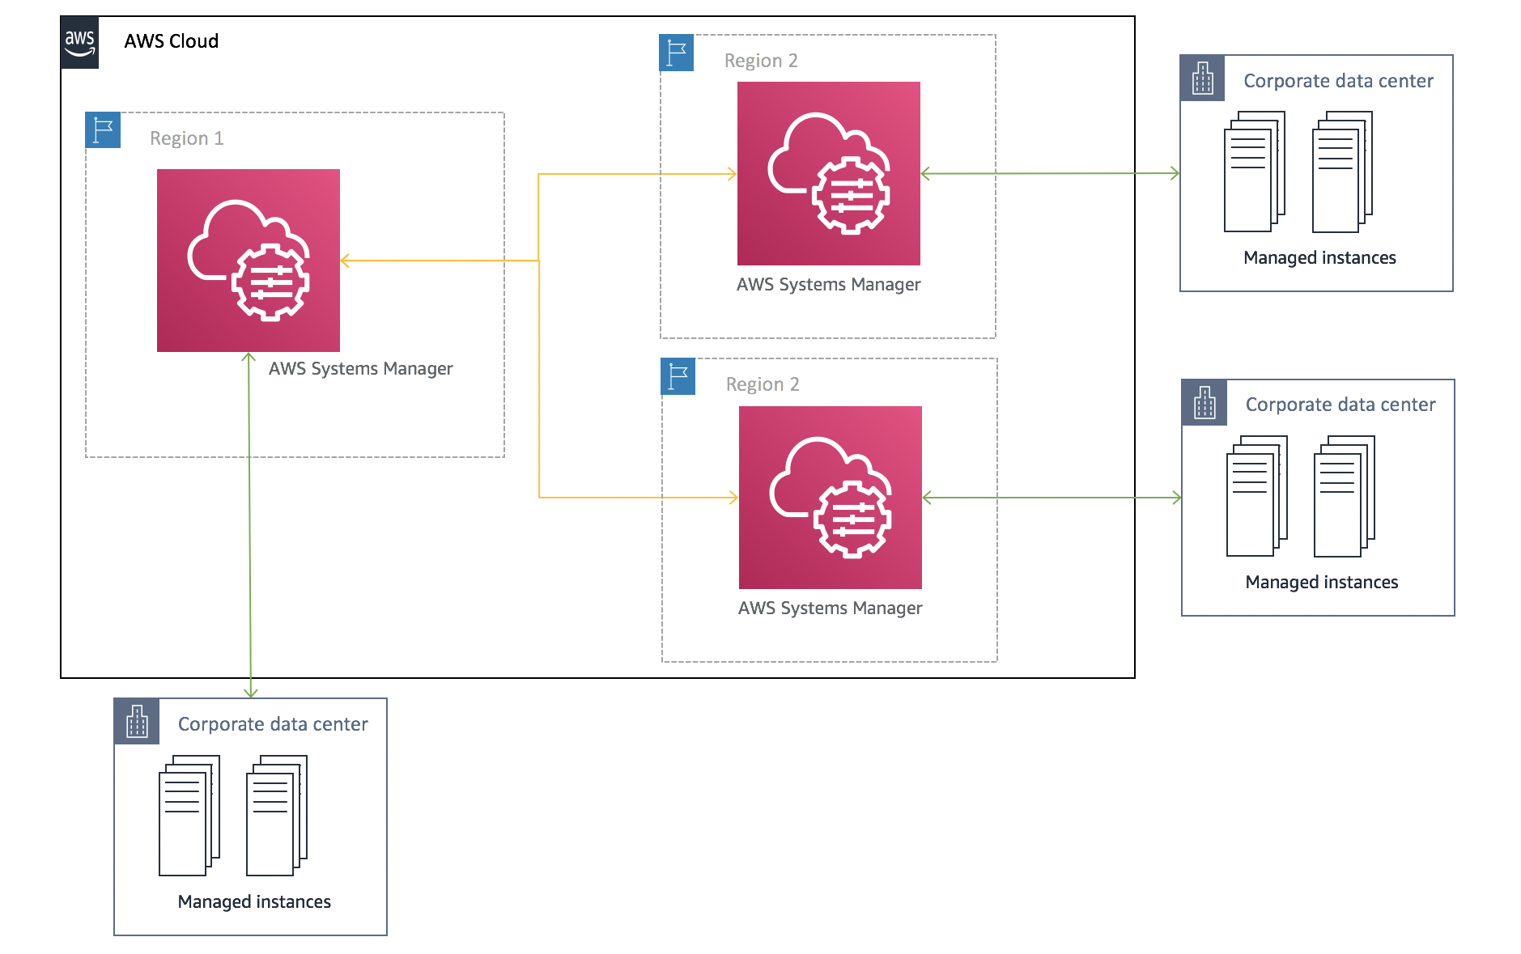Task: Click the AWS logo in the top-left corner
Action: pos(79,42)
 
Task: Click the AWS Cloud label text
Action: pos(171,41)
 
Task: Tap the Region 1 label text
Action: pos(186,138)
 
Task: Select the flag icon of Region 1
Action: pos(103,129)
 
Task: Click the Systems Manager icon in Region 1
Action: pos(248,260)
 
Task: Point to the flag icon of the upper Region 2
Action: pos(676,53)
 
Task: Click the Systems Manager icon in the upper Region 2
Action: pos(828,173)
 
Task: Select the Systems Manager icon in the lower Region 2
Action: pos(830,497)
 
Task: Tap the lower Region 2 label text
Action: pos(762,384)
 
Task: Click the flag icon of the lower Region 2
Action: pos(678,376)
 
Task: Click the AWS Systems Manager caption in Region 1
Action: pos(360,369)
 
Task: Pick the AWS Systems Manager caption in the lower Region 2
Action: pos(830,608)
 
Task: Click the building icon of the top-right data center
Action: pos(1202,78)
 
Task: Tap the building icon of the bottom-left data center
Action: pos(137,722)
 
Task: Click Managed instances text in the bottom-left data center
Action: pos(254,902)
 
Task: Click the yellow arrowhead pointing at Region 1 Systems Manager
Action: pos(346,261)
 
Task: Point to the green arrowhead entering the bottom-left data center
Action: pos(251,692)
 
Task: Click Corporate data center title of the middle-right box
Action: pos(1340,405)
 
